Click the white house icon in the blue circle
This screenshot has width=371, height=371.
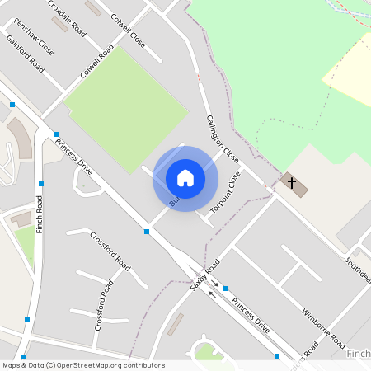click(x=185, y=178)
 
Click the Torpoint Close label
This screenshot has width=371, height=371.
click(x=225, y=193)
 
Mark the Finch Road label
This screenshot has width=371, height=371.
click(x=39, y=215)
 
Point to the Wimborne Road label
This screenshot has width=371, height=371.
click(x=322, y=326)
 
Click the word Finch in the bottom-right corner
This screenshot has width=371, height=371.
click(x=359, y=354)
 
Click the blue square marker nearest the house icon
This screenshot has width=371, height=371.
click(x=147, y=232)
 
